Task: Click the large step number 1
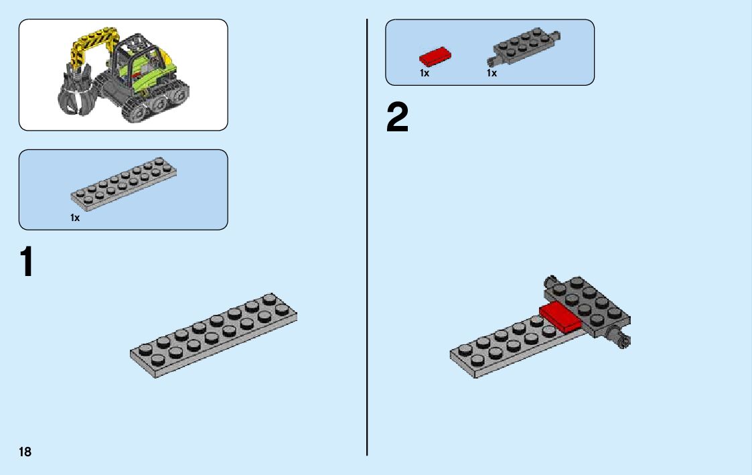point(25,262)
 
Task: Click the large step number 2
point(398,118)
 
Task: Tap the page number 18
point(25,452)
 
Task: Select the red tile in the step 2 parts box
point(435,56)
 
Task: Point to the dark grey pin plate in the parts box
point(525,48)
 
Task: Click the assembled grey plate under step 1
point(214,334)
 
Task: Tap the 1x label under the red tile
point(425,73)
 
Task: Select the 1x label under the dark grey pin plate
point(492,73)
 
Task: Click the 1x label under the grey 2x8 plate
point(75,218)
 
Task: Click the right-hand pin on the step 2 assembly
point(623,340)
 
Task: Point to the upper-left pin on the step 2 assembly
point(551,280)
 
